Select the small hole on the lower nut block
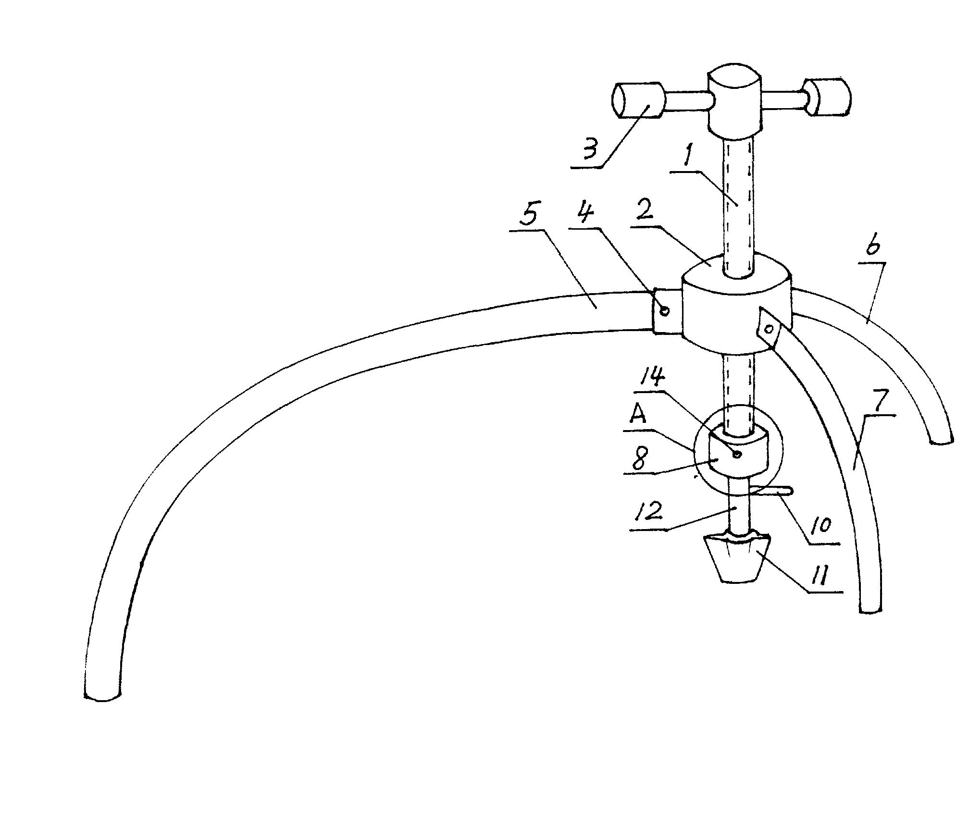click(737, 454)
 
